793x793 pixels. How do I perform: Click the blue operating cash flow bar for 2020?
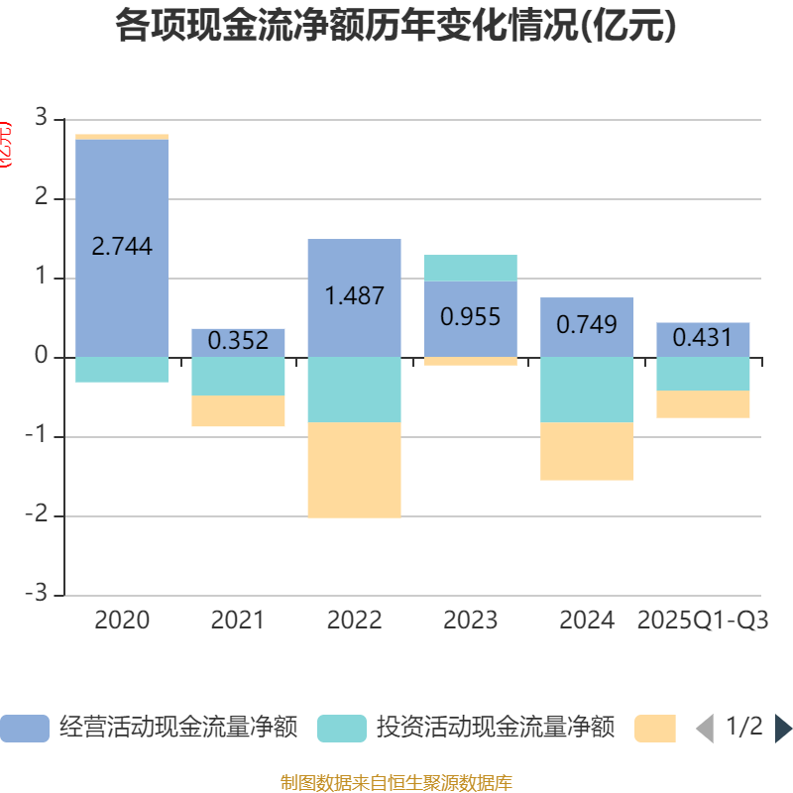(122, 198)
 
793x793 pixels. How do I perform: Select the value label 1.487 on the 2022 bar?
(354, 295)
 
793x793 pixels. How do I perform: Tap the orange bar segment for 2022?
(354, 470)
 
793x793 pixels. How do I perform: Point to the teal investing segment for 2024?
(587, 390)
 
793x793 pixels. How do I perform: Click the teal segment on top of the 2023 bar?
(470, 268)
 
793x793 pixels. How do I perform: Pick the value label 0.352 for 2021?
(238, 341)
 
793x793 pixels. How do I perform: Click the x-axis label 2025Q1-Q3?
(703, 621)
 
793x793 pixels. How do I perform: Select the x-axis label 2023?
(470, 621)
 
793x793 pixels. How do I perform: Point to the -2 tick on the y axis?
(40, 516)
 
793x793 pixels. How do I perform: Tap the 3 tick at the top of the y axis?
(41, 118)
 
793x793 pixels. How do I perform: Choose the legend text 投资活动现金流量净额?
(496, 728)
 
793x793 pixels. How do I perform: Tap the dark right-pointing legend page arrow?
(783, 729)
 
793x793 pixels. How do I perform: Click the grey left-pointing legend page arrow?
(704, 729)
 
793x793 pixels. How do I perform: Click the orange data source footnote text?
(396, 783)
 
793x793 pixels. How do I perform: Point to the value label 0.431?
(703, 338)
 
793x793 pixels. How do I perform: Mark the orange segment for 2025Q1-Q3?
(703, 404)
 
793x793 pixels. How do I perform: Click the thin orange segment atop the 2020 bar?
(122, 137)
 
